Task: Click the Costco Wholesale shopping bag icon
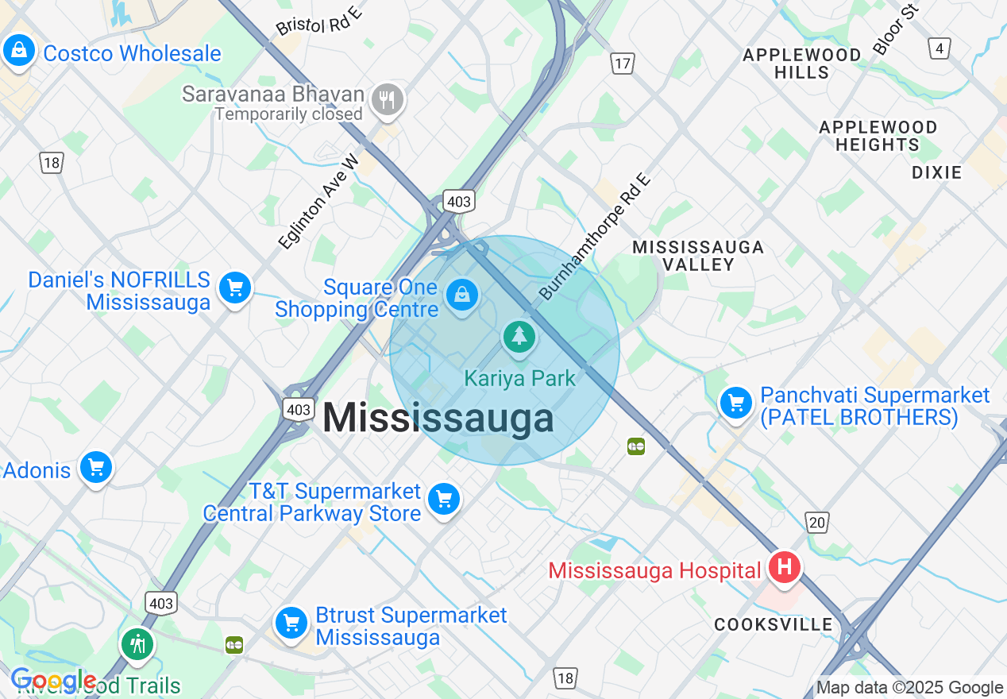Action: coord(18,52)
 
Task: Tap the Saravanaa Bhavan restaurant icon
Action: coord(388,100)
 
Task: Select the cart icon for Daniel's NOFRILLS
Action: coord(235,288)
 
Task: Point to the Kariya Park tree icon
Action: coord(519,336)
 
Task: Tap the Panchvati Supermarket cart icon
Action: coord(735,404)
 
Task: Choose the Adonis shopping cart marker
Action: coord(97,468)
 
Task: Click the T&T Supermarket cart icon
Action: coord(443,500)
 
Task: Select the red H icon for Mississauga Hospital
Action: coord(785,568)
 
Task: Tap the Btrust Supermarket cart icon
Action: coord(291,622)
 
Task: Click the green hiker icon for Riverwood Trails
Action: coord(138,643)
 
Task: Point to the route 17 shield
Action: coord(622,64)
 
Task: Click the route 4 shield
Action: coord(939,48)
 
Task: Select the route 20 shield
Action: coord(817,522)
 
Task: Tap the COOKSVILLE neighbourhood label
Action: coord(773,624)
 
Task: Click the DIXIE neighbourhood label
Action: coord(936,172)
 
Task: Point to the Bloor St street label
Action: coord(896,29)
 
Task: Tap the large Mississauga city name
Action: coord(438,418)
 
